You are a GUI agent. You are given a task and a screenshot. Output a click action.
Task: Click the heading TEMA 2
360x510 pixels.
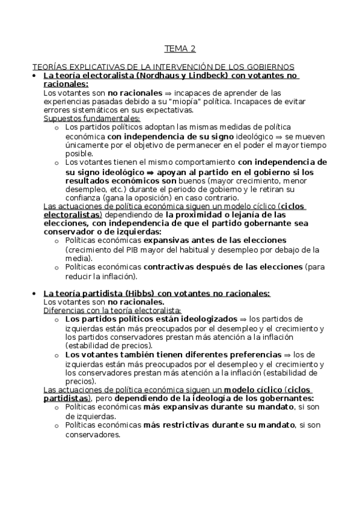[x=180, y=49]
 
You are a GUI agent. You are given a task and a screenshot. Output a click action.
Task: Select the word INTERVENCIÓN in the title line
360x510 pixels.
[x=160, y=67]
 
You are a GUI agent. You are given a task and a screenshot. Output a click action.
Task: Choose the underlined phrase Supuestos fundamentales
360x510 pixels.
[x=91, y=118]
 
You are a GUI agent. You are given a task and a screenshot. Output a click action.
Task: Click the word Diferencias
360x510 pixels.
[x=64, y=310]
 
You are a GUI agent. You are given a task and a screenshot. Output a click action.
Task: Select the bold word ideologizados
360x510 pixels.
[x=205, y=319]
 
